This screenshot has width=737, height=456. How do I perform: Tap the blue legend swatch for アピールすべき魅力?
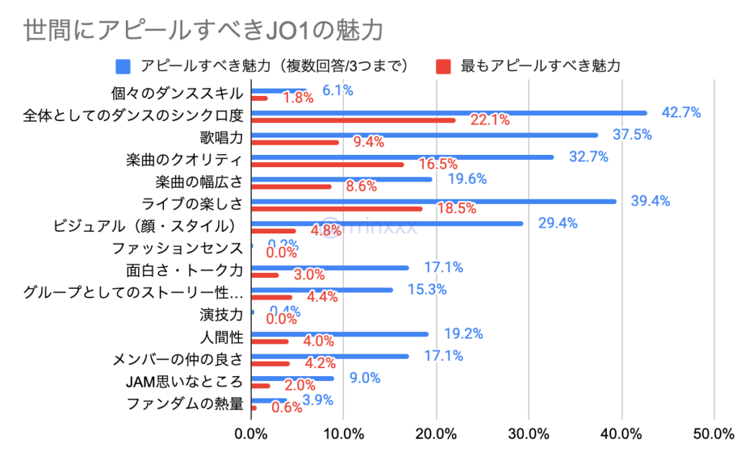123,66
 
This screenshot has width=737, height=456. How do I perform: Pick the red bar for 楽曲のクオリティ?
327,164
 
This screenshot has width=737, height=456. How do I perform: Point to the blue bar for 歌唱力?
425,135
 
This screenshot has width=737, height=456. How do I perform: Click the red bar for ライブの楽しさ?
337,209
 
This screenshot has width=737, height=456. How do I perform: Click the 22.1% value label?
489,120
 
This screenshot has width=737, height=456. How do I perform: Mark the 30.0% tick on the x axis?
529,434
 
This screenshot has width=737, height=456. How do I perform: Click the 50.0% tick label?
713,434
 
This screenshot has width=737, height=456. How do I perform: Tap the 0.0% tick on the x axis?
251,434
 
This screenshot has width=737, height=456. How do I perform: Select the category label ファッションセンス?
178,249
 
